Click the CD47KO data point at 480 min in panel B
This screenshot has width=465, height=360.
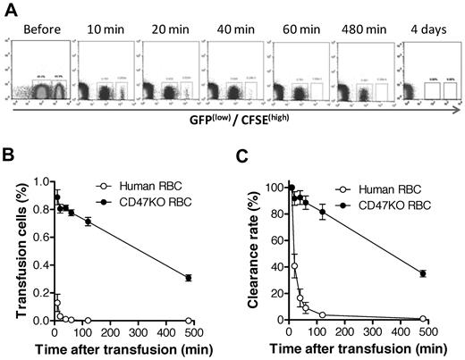pyautogui.click(x=212, y=278)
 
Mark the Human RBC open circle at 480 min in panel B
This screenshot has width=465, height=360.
pyautogui.click(x=212, y=319)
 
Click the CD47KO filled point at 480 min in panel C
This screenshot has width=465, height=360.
pyautogui.click(x=447, y=273)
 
